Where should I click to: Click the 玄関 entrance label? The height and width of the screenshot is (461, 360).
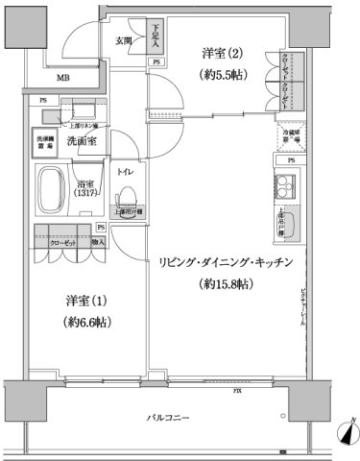tap(124, 40)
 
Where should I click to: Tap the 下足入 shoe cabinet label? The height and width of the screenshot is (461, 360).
tap(156, 35)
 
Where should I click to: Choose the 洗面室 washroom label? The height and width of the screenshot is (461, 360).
tap(82, 142)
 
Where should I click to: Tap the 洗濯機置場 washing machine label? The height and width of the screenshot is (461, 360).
tap(47, 141)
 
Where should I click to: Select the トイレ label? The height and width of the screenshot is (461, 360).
tap(124, 172)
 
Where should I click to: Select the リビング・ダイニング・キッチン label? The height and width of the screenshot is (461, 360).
tap(227, 262)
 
